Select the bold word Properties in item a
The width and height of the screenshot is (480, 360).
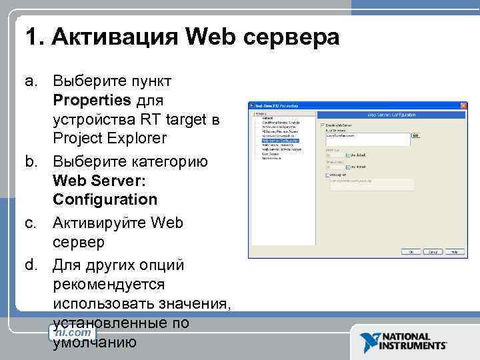92,100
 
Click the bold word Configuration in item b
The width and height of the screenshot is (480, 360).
105,199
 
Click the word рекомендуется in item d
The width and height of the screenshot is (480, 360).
108,285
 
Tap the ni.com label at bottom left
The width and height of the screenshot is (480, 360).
73,332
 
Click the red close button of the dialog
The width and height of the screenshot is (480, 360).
464,106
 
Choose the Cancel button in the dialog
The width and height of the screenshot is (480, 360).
433,252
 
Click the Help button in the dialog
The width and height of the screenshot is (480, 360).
455,252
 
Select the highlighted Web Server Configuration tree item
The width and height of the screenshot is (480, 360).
280,141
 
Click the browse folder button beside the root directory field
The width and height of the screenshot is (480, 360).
415,135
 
